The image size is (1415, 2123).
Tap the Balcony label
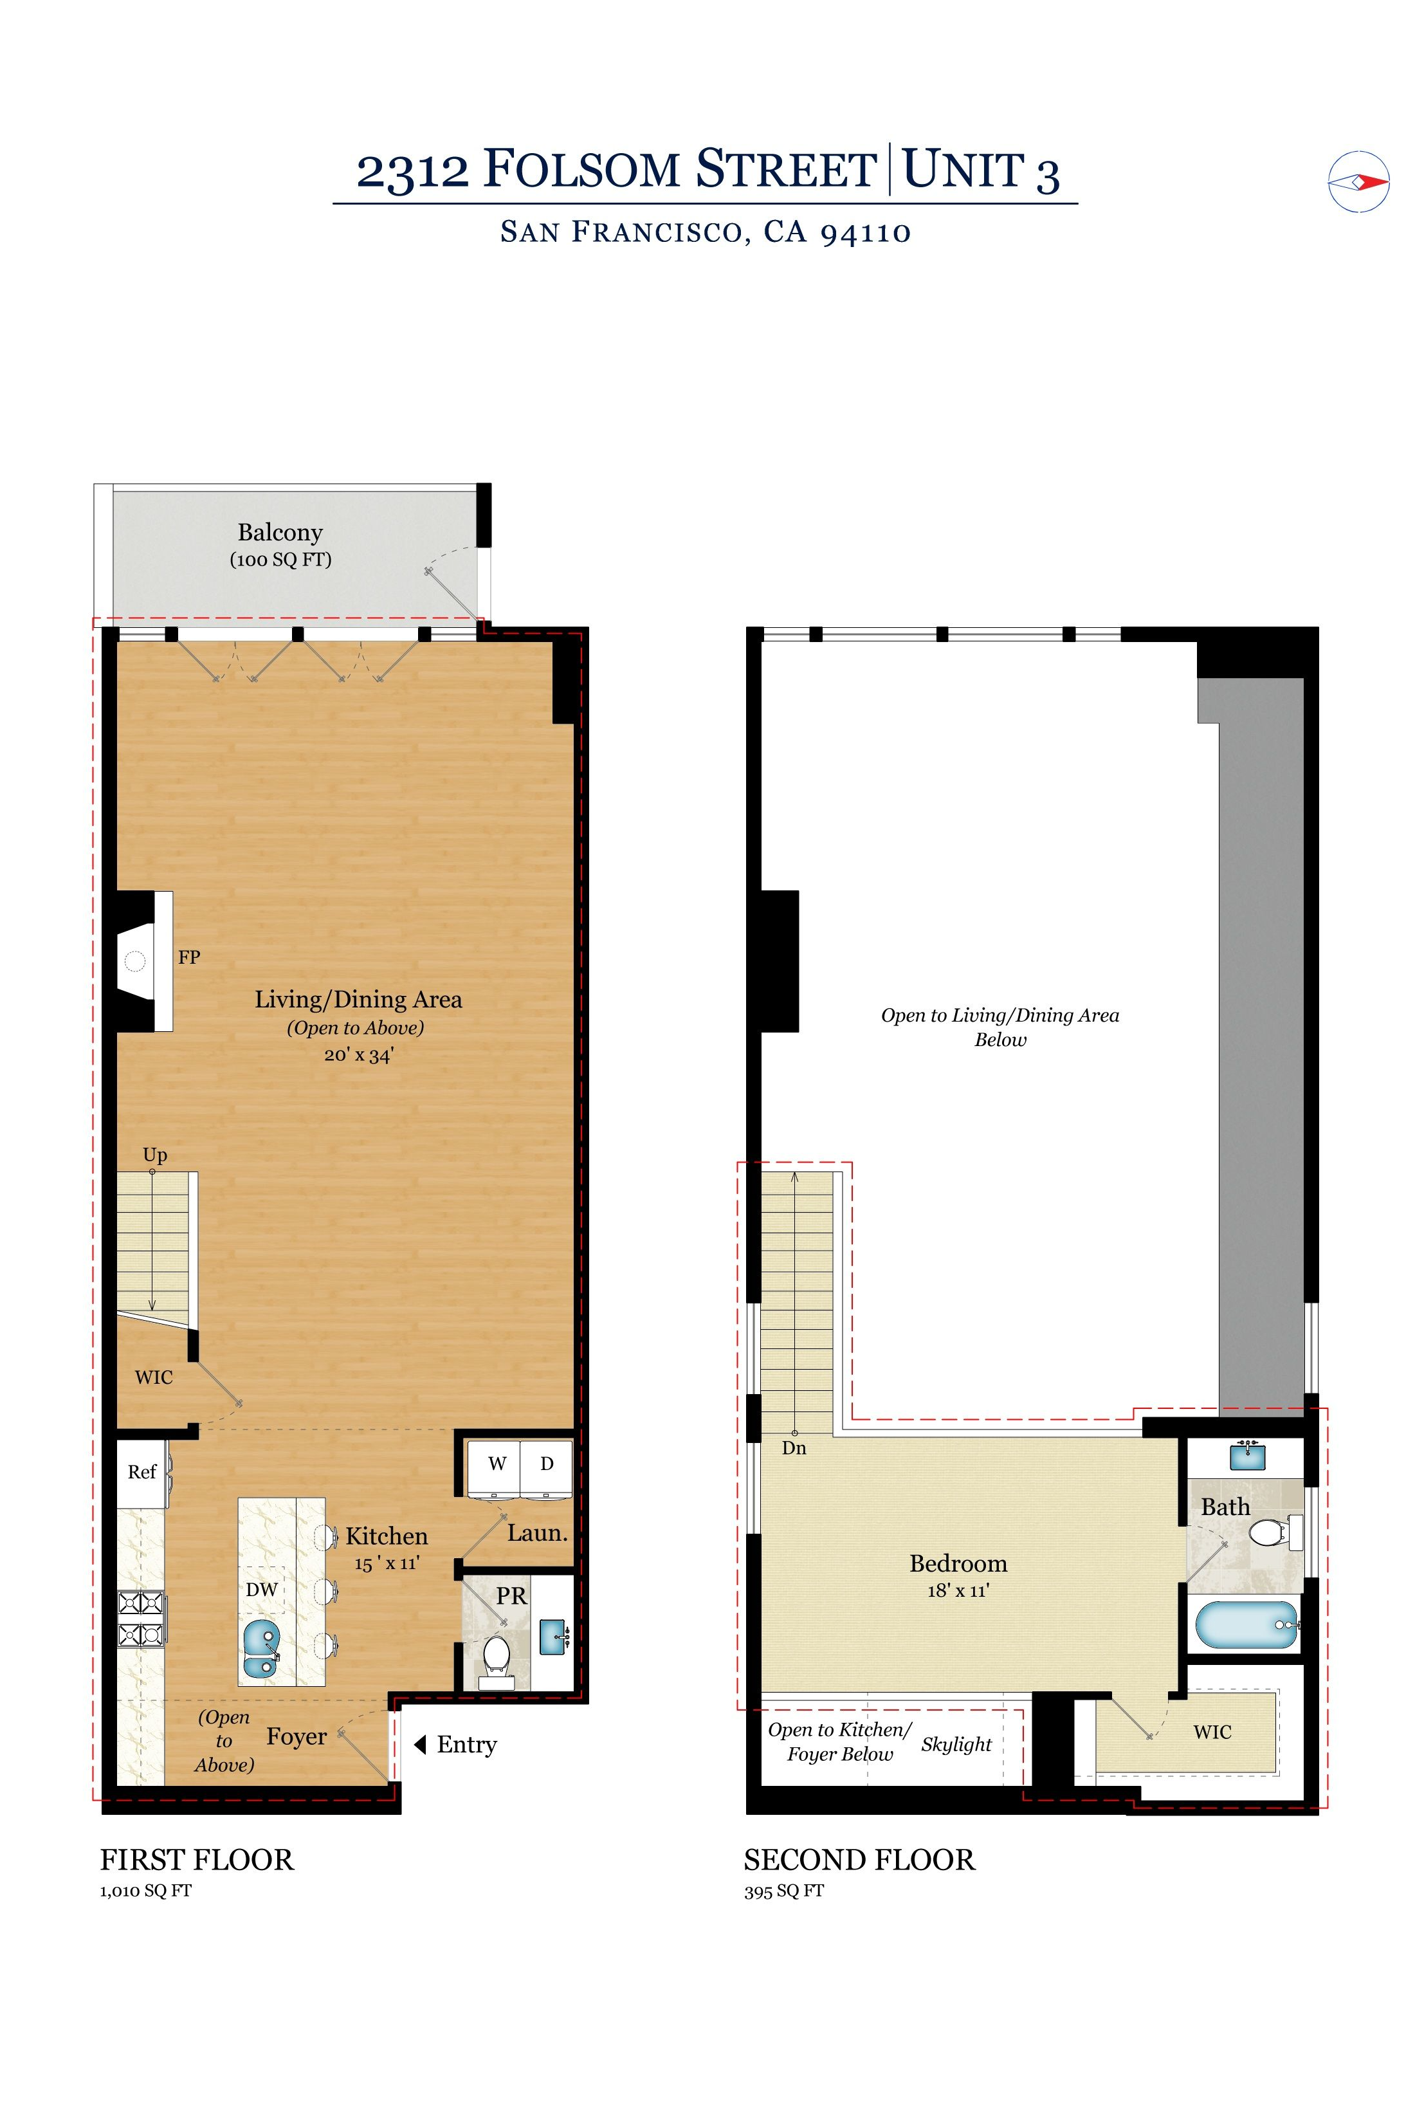coord(280,533)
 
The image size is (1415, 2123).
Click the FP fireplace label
coord(188,957)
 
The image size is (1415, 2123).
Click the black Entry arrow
coord(419,1745)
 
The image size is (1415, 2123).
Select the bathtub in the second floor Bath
coord(1247,1624)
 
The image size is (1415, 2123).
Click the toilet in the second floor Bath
coord(1275,1532)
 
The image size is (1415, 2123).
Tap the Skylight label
coord(956,1745)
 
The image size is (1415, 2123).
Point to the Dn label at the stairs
coord(794,1448)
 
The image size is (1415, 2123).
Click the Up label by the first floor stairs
coord(154,1155)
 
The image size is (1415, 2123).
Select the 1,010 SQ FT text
coord(145,1890)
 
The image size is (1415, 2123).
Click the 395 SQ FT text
coord(783,1891)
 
